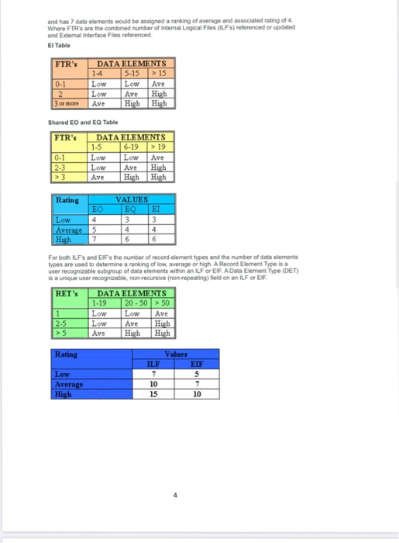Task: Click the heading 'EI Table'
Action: click(60, 44)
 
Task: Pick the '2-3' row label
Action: click(60, 167)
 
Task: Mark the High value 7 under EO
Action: click(94, 239)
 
